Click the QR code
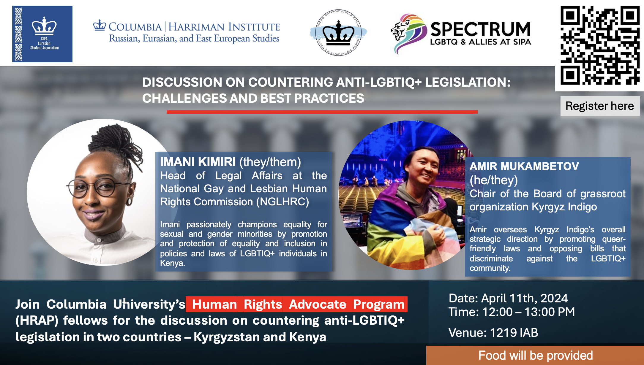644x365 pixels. click(600, 45)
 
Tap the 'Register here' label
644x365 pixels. click(600, 106)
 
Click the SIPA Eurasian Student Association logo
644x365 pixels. click(42, 34)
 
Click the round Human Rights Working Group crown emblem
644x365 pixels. click(338, 33)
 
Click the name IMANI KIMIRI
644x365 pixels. click(198, 162)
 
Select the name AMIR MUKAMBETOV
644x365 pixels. click(524, 166)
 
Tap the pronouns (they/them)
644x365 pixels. click(270, 162)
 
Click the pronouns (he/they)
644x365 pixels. click(494, 180)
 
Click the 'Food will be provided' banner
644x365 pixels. click(535, 355)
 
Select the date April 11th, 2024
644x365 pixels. click(525, 298)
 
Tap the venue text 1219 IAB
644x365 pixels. click(514, 333)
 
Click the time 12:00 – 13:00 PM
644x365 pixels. click(528, 312)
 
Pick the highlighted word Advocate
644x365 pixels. click(318, 304)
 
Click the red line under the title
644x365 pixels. click(322, 112)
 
